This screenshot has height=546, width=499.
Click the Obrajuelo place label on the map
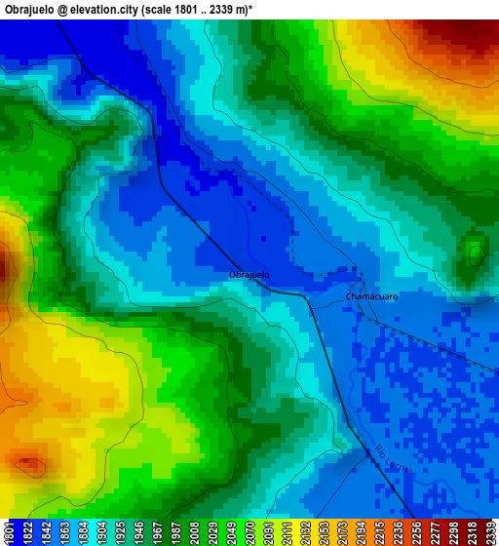(249, 275)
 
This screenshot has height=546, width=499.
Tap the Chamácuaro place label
(371, 296)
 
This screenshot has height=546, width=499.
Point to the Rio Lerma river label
(394, 460)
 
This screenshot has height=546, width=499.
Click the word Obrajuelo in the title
(32, 9)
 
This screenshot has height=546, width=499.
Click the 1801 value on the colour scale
(9, 532)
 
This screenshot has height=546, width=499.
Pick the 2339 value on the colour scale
(490, 532)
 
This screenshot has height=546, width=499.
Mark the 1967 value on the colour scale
(157, 532)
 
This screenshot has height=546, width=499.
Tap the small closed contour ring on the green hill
(477, 255)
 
